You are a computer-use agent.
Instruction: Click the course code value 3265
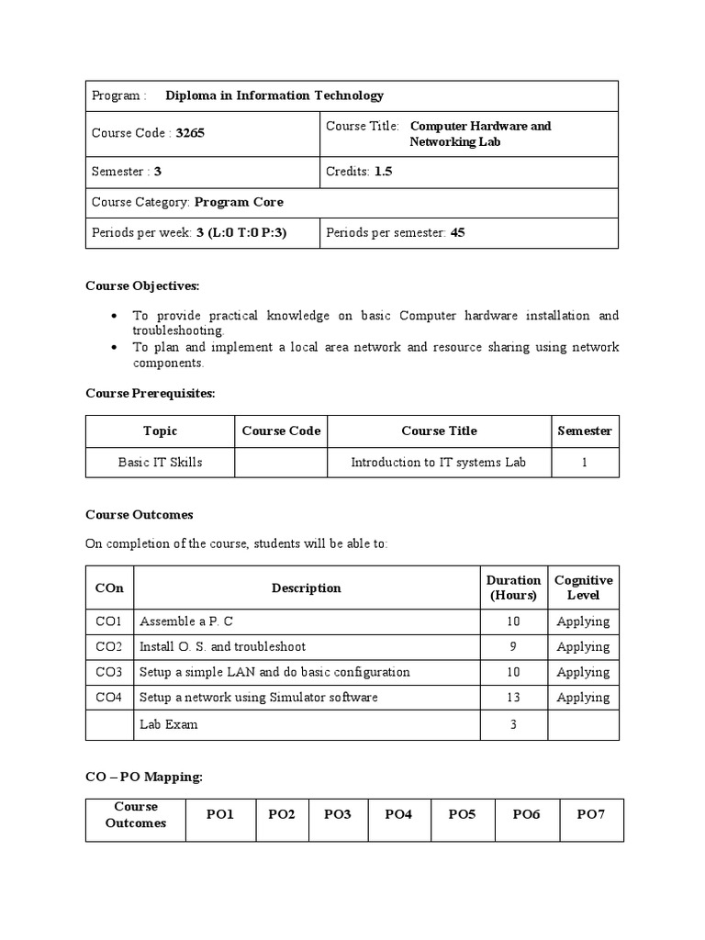tap(190, 133)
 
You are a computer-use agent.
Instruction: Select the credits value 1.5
tap(383, 172)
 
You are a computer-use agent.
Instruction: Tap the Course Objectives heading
tap(142, 285)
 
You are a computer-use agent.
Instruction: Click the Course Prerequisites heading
tap(150, 393)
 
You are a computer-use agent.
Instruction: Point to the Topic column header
tap(160, 431)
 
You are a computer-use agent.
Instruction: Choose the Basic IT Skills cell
tap(160, 463)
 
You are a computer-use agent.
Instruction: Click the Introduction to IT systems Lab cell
tap(438, 463)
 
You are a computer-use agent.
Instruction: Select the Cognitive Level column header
tap(583, 587)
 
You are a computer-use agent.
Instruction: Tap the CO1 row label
tap(108, 621)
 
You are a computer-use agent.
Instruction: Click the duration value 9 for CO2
tap(512, 647)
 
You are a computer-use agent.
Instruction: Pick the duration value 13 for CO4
tap(512, 698)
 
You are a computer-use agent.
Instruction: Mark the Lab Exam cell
tap(168, 724)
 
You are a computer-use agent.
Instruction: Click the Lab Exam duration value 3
tap(512, 724)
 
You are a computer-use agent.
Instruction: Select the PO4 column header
tap(398, 814)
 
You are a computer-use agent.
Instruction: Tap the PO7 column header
tap(590, 814)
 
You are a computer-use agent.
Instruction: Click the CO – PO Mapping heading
tap(143, 777)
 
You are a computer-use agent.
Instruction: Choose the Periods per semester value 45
tap(457, 233)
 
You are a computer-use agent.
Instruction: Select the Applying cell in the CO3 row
tap(583, 672)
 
